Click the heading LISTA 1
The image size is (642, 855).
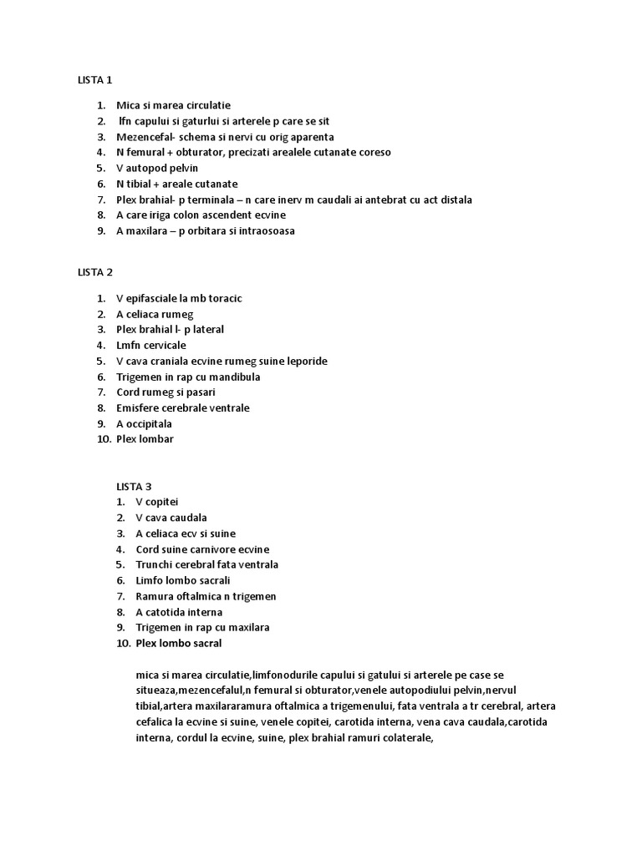click(94, 80)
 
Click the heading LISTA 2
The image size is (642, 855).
click(94, 272)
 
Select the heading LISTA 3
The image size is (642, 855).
click(134, 486)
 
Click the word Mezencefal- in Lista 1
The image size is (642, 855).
click(145, 137)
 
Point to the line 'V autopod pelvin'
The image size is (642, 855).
click(157, 168)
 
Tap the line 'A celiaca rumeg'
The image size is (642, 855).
click(155, 314)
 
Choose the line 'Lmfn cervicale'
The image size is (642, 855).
click(151, 345)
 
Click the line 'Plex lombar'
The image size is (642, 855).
click(145, 439)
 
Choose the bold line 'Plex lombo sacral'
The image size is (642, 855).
click(179, 644)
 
